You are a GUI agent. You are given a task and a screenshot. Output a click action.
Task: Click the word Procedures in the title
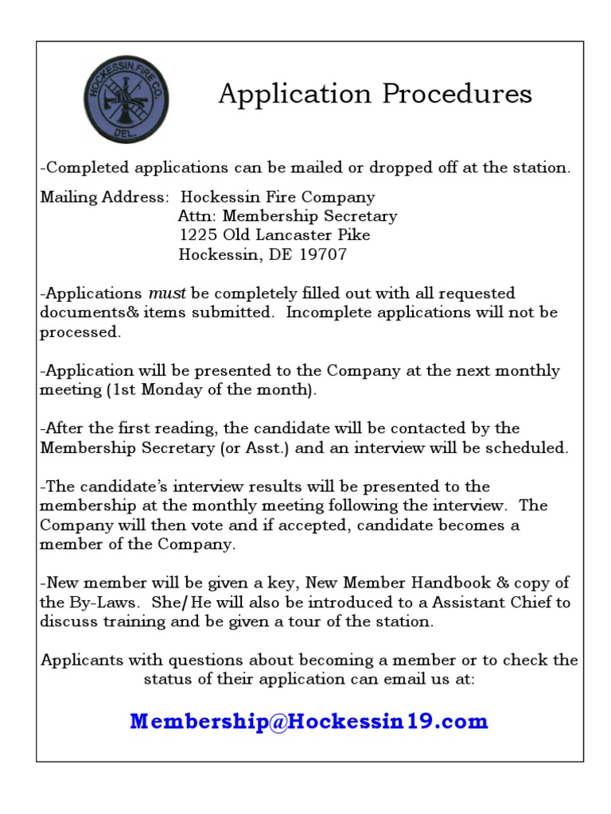[x=456, y=94]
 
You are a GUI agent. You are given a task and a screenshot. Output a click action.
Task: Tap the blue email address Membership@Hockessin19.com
[x=309, y=722]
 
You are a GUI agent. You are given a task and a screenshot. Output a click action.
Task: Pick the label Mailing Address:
[x=105, y=196]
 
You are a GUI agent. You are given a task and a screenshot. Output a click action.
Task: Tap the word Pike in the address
[x=354, y=235]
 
